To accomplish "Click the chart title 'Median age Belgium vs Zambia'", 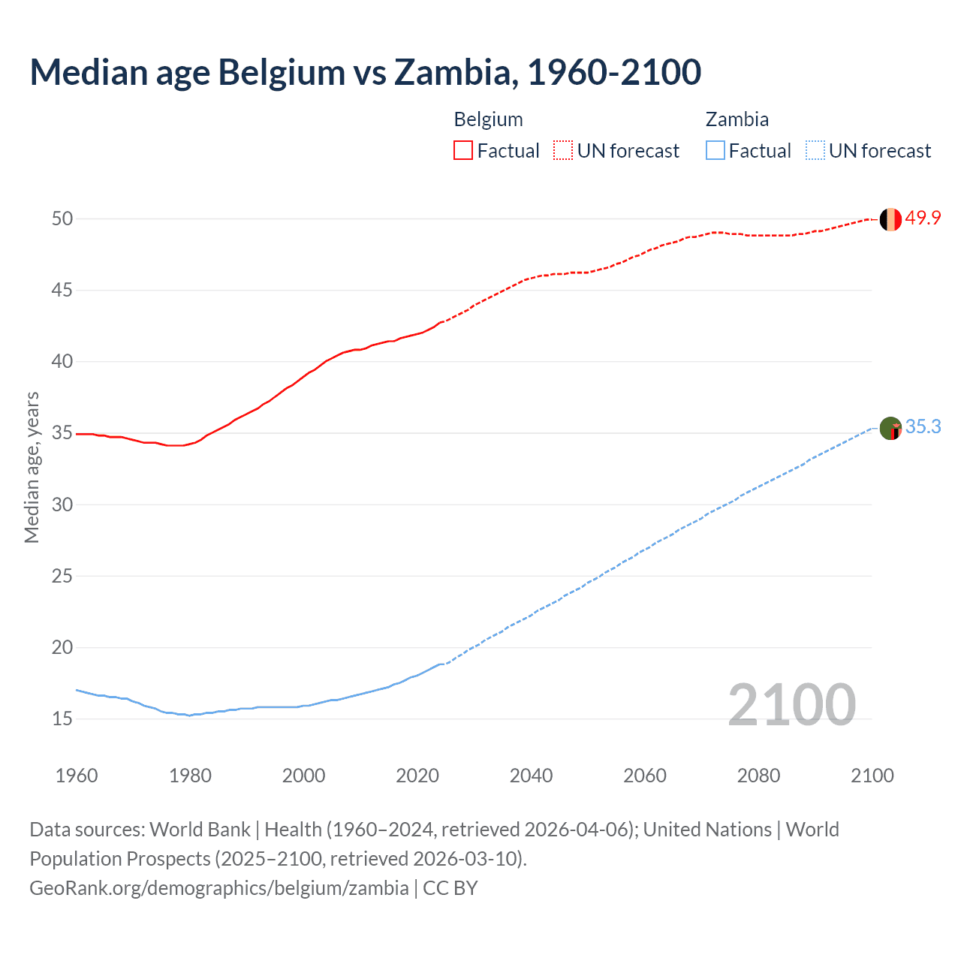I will [365, 72].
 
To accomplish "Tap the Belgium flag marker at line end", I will [890, 219].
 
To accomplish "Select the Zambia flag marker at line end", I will [890, 429].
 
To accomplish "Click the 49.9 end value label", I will [923, 218].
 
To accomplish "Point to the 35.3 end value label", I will [923, 427].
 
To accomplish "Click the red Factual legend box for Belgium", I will [463, 151].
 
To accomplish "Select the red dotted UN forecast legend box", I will [563, 151].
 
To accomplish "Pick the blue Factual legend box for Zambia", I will [715, 151].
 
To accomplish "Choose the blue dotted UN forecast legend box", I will [815, 151].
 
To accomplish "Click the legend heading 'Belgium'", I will [488, 120].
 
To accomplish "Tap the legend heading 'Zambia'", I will [737, 120].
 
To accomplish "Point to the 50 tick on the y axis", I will [62, 219].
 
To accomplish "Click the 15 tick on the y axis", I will [62, 719].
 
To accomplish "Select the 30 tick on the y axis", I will [62, 505].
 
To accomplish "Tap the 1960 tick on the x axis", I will [77, 776].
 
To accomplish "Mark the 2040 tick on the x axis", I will [531, 776].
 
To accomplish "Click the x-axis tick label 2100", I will [872, 776].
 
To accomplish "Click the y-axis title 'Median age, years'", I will [32, 467].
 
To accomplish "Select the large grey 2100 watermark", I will [791, 705].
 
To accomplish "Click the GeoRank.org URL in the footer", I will [219, 888].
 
